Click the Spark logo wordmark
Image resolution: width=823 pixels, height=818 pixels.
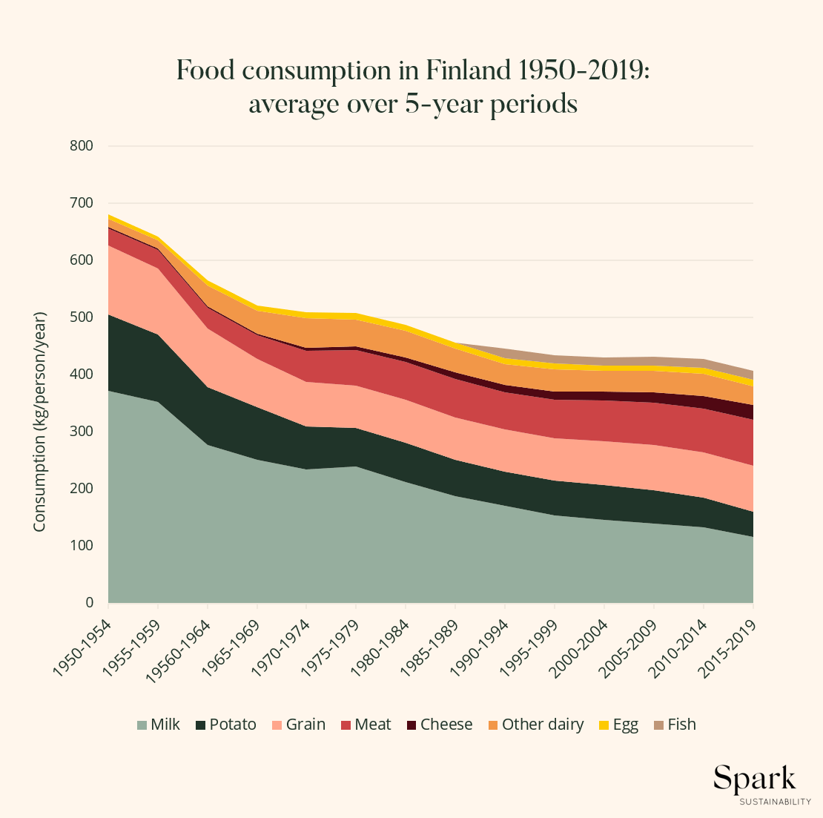click(x=755, y=779)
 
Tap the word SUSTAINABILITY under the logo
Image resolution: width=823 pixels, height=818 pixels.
click(x=775, y=802)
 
